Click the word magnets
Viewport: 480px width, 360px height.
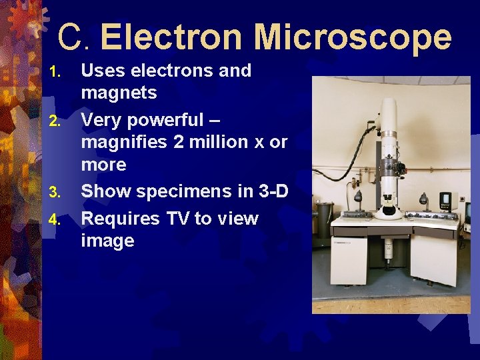coord(119,93)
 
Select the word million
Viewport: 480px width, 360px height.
coord(208,142)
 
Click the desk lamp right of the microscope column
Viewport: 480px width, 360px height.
coord(423,200)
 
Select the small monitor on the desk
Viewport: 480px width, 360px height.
coord(445,200)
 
